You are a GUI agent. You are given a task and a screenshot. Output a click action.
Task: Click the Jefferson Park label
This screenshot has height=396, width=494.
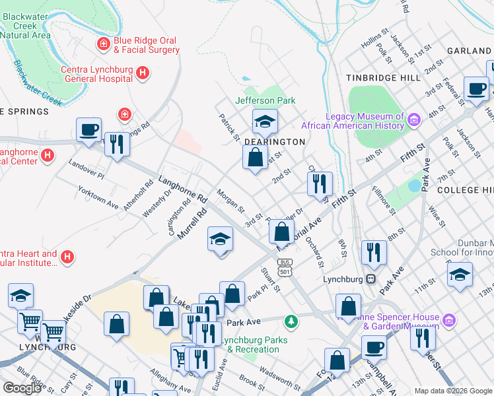tap(265, 100)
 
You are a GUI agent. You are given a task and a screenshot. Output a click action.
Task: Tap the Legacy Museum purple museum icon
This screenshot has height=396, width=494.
tap(414, 119)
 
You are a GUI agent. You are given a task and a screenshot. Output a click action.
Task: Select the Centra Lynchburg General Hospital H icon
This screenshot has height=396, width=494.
tap(142, 75)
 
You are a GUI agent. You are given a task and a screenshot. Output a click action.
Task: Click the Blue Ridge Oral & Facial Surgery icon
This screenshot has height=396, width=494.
tap(103, 45)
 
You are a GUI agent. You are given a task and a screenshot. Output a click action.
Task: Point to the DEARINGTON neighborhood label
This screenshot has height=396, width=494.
tap(275, 142)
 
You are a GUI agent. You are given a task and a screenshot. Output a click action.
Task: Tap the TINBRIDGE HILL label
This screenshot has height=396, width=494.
tap(383, 78)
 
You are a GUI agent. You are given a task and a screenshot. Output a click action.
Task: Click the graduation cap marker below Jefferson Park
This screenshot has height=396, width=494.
tap(264, 121)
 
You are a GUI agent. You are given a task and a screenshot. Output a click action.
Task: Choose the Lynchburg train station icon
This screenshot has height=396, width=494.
tap(371, 279)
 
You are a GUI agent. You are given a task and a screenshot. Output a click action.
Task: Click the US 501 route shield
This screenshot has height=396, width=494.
tap(285, 269)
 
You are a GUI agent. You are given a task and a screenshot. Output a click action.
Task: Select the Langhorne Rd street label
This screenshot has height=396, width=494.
tap(183, 189)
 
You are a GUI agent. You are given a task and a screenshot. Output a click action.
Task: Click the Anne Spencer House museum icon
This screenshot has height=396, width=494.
tap(449, 321)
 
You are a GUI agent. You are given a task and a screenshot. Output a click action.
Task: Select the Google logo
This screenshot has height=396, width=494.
tap(22, 388)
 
